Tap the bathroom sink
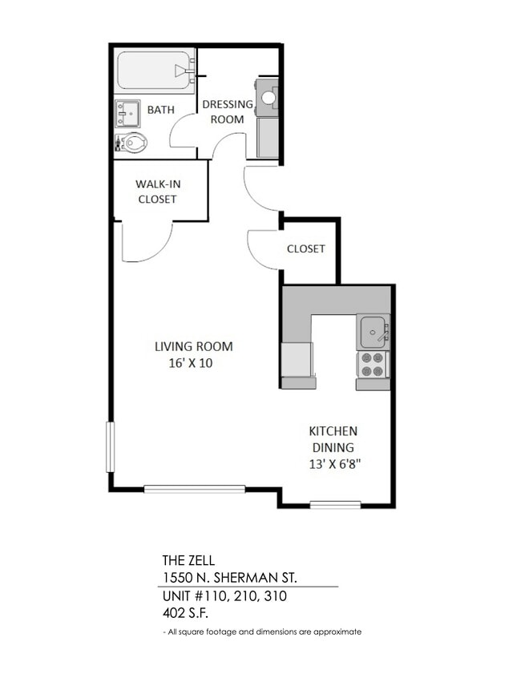point(126,113)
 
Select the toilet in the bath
point(132,144)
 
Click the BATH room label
point(160,109)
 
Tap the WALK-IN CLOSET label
point(157,191)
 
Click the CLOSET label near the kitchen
point(306,248)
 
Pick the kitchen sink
point(373,329)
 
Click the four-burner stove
point(373,365)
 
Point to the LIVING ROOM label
point(193,346)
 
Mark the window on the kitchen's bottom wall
point(335,504)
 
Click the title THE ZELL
point(188,561)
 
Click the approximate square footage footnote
point(262,632)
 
